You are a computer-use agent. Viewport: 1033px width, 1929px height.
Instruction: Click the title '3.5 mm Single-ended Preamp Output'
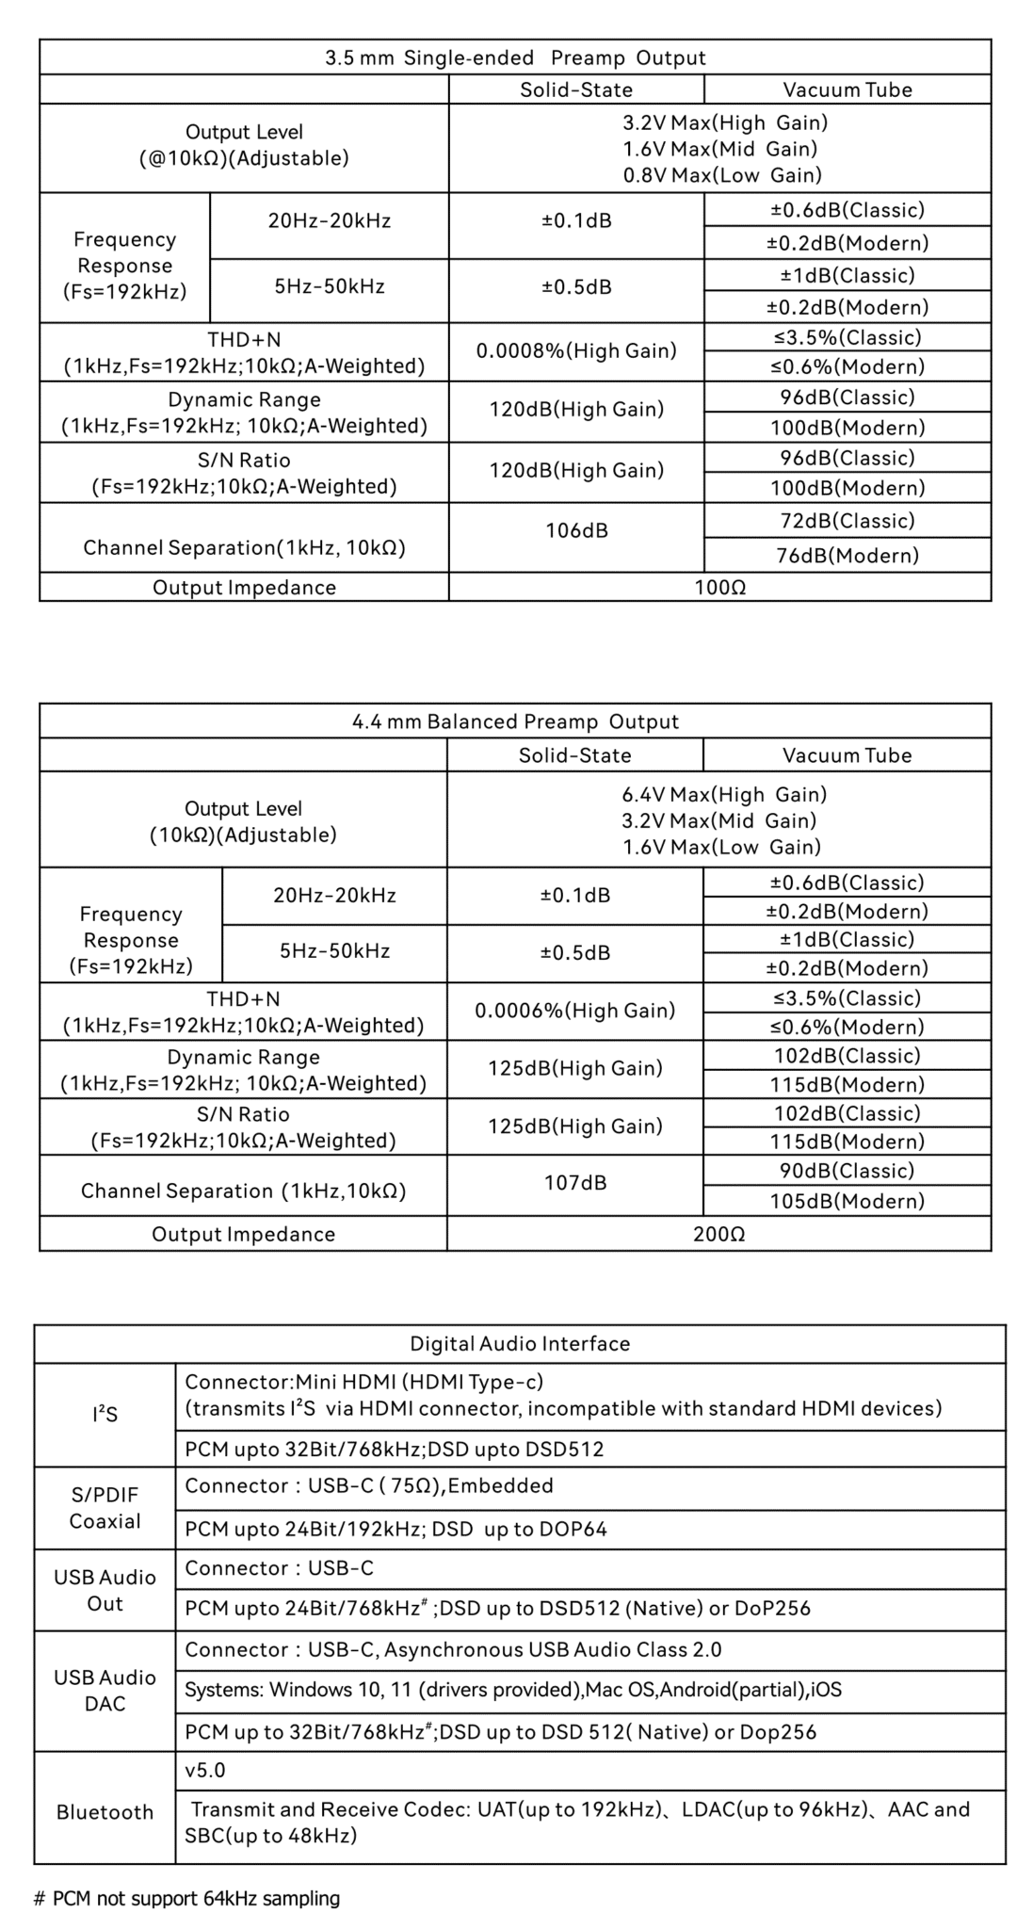tap(515, 57)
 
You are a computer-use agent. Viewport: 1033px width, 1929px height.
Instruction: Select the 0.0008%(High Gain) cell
tap(576, 351)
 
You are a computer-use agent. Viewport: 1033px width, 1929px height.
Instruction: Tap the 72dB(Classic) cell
tap(847, 521)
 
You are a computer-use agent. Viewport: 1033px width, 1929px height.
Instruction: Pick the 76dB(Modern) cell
tap(847, 556)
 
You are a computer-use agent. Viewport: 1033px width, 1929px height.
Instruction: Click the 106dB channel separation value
tap(576, 530)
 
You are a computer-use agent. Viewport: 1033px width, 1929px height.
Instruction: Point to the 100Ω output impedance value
tap(720, 588)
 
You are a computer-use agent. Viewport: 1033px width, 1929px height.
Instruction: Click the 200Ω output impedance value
tap(719, 1234)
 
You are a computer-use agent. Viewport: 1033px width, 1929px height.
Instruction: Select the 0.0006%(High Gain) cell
tap(575, 1011)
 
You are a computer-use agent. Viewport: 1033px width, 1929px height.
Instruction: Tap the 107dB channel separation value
tap(575, 1182)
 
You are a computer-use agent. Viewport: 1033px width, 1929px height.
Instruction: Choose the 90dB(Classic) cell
tap(847, 1171)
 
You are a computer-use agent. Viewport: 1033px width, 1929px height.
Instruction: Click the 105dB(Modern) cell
tap(847, 1201)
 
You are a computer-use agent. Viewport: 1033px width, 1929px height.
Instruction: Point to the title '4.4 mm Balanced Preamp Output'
tap(515, 721)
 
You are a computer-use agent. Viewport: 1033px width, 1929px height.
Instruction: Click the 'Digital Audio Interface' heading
tap(520, 1343)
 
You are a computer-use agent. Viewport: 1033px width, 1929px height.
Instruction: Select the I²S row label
tap(105, 1415)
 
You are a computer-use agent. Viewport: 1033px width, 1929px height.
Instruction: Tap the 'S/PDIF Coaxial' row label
tap(105, 1508)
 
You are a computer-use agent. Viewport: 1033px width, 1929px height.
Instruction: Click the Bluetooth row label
tap(105, 1812)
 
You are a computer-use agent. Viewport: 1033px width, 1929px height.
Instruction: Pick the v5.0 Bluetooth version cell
tap(205, 1771)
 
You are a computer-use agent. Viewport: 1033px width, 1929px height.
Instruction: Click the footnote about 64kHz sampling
tap(186, 1898)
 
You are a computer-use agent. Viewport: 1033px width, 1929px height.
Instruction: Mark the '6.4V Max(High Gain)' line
tap(724, 794)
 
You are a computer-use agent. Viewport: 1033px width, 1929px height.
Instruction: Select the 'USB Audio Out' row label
tap(105, 1591)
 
